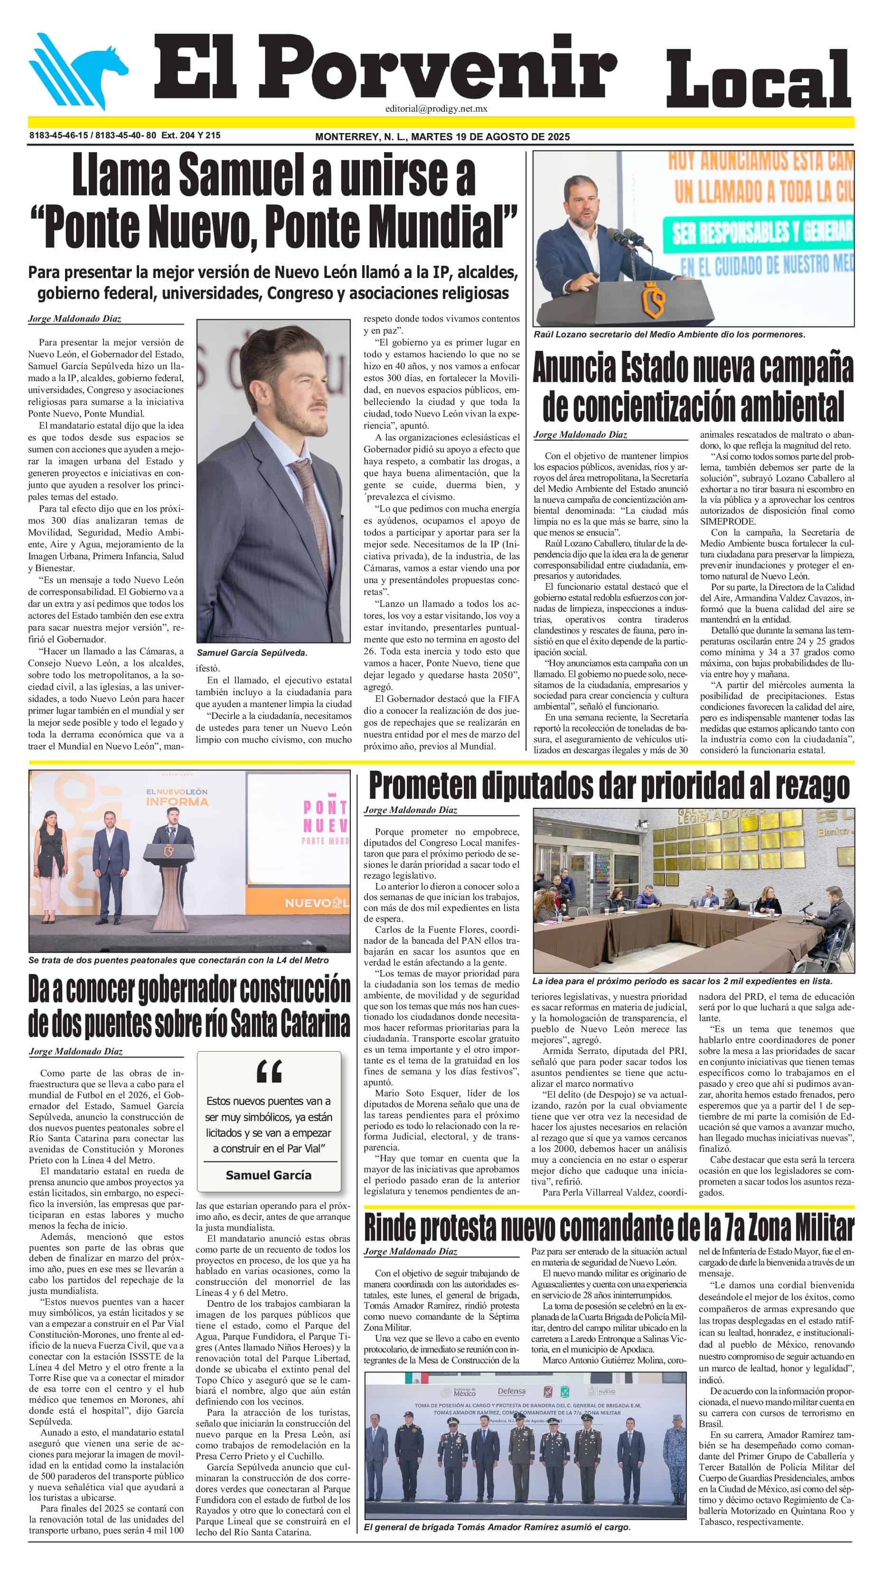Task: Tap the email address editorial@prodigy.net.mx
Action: click(x=436, y=108)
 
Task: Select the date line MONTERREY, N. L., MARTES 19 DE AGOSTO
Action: click(x=442, y=136)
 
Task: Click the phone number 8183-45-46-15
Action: click(x=58, y=135)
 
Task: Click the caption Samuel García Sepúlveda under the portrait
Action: click(x=252, y=652)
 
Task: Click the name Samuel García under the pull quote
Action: click(x=268, y=1175)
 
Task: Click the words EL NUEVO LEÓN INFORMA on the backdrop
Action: click(x=177, y=796)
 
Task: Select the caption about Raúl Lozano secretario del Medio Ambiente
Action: click(x=668, y=334)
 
